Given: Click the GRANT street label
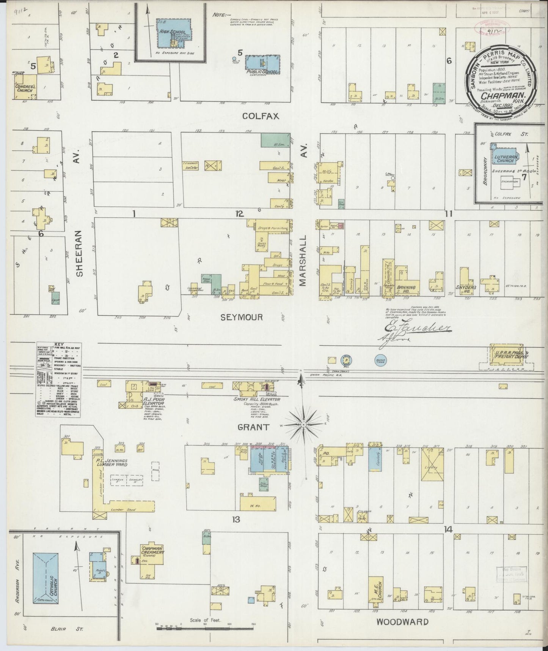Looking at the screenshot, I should click(x=253, y=427).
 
